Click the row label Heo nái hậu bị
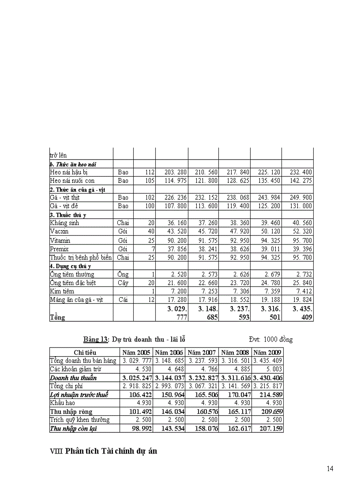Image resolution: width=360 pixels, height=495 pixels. coord(72,172)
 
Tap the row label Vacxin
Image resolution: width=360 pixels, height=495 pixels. coord(60,231)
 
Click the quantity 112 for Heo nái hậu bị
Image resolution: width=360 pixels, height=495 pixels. coord(149,172)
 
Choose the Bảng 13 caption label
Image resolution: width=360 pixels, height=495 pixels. coord(96,339)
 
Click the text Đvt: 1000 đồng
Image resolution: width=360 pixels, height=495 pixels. coord(270,339)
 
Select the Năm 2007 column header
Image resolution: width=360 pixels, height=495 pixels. coord(202,353)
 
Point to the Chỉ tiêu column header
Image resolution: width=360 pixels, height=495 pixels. coord(85,353)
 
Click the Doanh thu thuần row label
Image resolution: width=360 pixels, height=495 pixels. coord(73,378)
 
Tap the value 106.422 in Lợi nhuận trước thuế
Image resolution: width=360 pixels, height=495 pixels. coord(139,395)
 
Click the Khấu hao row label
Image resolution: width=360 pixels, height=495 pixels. coord(63,403)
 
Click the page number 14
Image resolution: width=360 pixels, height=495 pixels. coord(330,469)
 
